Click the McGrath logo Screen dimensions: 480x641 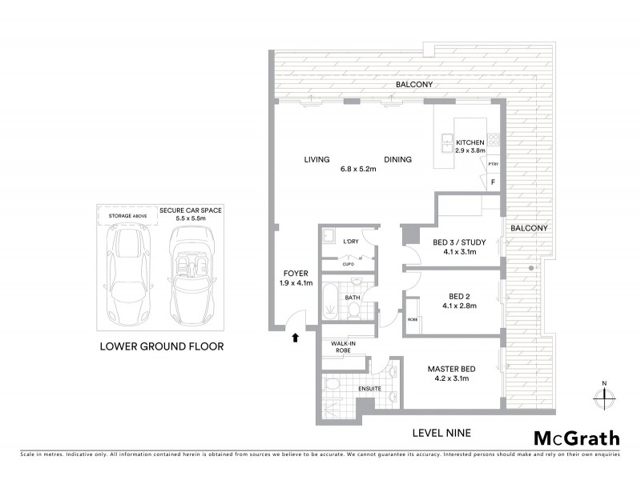[x=576, y=438]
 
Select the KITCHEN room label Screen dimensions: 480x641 [x=470, y=143]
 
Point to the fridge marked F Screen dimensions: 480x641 [x=493, y=183]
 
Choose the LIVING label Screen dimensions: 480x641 [x=316, y=160]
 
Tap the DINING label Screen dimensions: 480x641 [x=397, y=160]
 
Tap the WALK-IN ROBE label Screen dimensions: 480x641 [x=338, y=346]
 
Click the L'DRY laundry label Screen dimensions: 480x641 [x=350, y=242]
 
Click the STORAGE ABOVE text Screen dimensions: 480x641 [x=123, y=214]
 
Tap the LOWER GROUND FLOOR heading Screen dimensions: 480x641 [x=161, y=346]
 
